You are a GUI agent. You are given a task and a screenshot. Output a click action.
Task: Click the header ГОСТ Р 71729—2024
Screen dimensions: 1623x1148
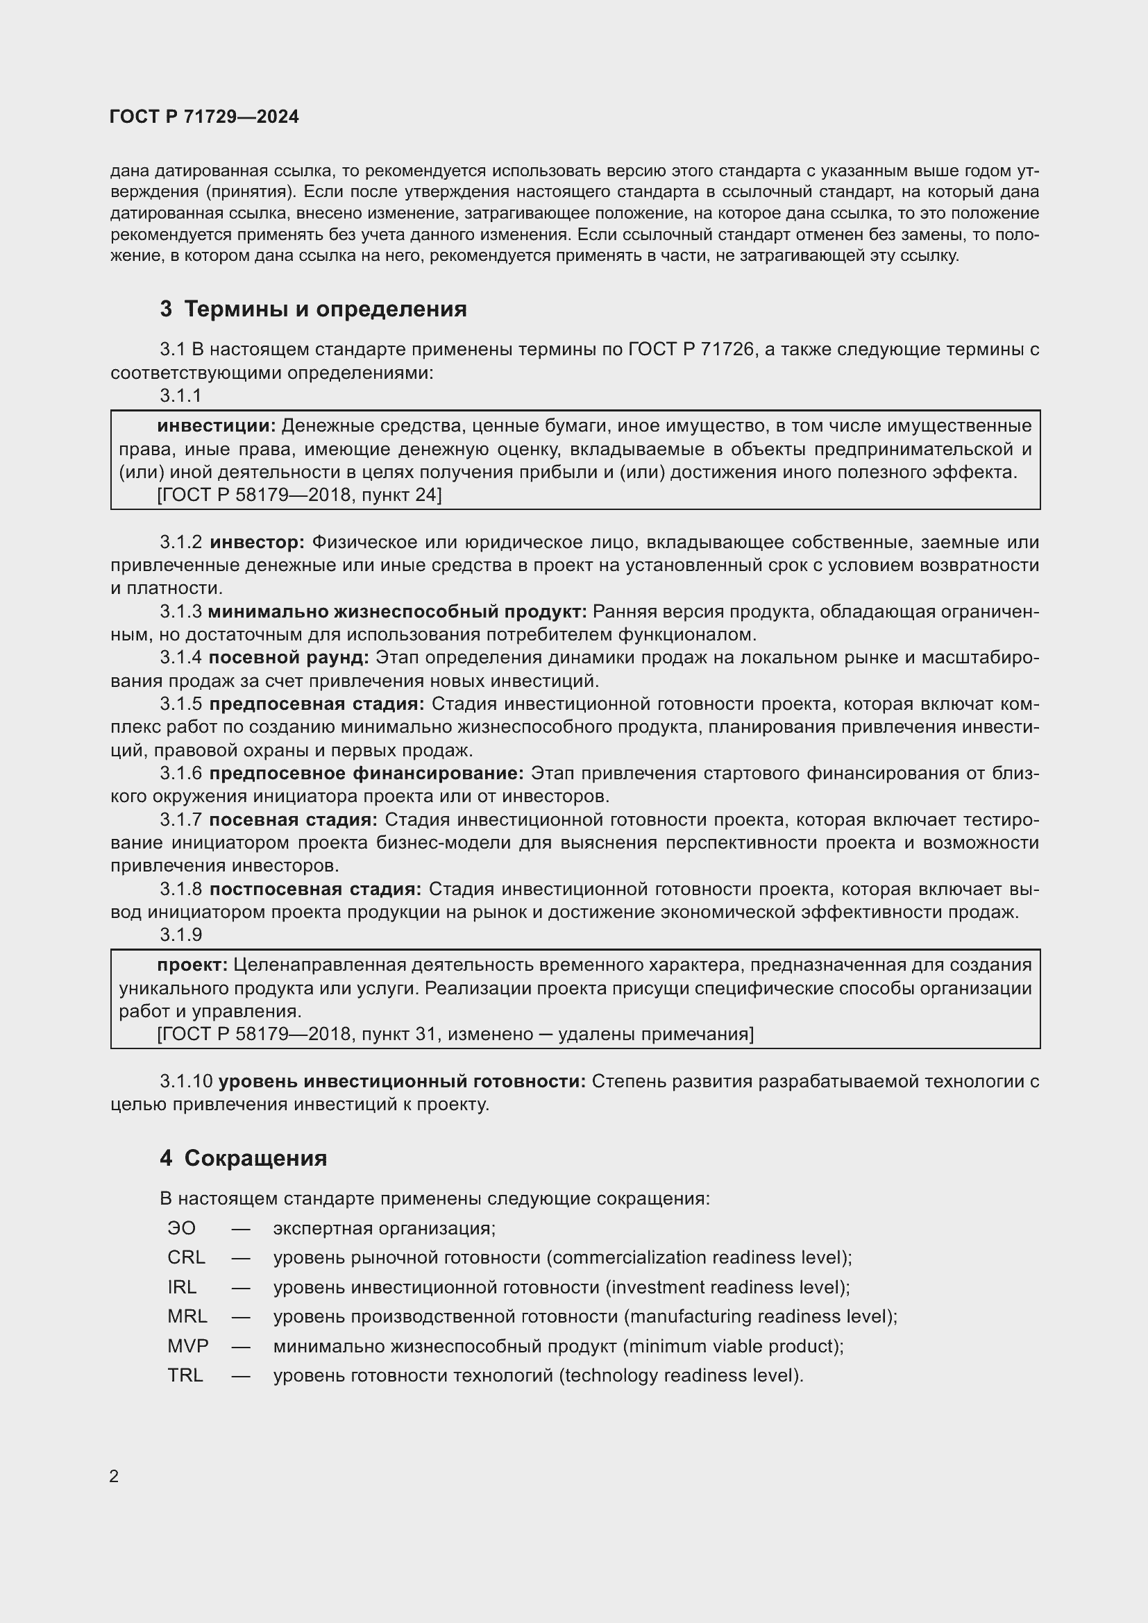point(204,117)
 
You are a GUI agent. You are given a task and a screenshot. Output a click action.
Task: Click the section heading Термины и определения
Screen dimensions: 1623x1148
point(313,309)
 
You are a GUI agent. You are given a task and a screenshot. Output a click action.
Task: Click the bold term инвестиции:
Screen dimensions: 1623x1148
point(217,426)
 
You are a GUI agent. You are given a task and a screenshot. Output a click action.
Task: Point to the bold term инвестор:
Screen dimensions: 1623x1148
point(258,542)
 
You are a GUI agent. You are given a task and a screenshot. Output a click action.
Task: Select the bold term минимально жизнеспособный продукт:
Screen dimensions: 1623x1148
point(397,611)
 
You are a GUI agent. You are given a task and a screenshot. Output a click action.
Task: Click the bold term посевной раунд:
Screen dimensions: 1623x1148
point(289,657)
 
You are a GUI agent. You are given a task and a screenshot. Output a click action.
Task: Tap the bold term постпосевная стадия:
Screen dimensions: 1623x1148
point(315,889)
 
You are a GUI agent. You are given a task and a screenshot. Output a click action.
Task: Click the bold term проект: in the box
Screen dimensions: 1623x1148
point(192,965)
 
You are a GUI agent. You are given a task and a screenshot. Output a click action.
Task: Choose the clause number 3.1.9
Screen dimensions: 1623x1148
point(181,935)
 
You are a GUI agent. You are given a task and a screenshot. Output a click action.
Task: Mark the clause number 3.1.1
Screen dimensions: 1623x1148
point(181,396)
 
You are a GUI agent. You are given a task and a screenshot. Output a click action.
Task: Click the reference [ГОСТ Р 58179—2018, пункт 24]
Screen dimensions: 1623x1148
point(300,495)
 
